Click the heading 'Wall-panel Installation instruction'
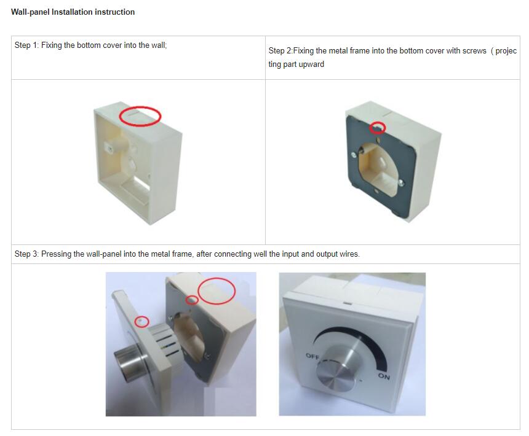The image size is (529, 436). click(73, 12)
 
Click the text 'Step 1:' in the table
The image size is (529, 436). click(26, 45)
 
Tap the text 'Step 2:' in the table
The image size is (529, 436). click(280, 51)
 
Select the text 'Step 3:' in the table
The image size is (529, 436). click(26, 254)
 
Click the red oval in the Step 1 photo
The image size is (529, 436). click(140, 115)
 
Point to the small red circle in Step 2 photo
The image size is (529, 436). click(378, 128)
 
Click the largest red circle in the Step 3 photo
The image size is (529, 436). click(217, 290)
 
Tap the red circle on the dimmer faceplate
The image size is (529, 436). click(142, 322)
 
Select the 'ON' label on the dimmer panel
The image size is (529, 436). click(384, 376)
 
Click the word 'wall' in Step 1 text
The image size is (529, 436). click(156, 45)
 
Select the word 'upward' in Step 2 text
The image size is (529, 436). click(312, 64)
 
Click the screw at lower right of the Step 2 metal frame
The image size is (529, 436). click(401, 182)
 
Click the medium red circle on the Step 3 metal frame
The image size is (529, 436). click(193, 300)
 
